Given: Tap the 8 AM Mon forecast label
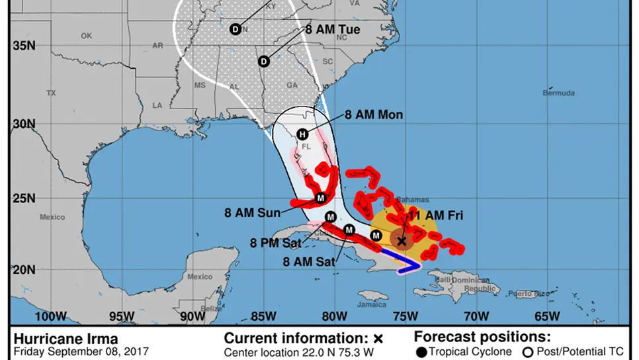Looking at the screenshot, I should pyautogui.click(x=374, y=114).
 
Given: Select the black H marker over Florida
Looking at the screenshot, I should pyautogui.click(x=302, y=134).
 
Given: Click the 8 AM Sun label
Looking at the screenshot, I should pyautogui.click(x=251, y=213).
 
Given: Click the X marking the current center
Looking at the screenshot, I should pyautogui.click(x=401, y=241).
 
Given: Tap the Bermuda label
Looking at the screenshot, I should pyautogui.click(x=559, y=93).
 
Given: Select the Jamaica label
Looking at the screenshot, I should pyautogui.click(x=372, y=304).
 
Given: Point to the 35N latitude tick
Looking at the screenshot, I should pyautogui.click(x=22, y=45).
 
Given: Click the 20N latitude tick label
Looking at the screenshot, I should pyautogui.click(x=22, y=269).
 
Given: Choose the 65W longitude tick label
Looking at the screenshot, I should pyautogui.click(x=548, y=315).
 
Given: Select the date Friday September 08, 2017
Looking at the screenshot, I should pyautogui.click(x=81, y=351).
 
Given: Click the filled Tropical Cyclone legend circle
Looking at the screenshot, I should pyautogui.click(x=421, y=351).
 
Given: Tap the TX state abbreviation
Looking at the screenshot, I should pyautogui.click(x=51, y=93).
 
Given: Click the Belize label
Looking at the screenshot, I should pyautogui.click(x=212, y=308).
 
